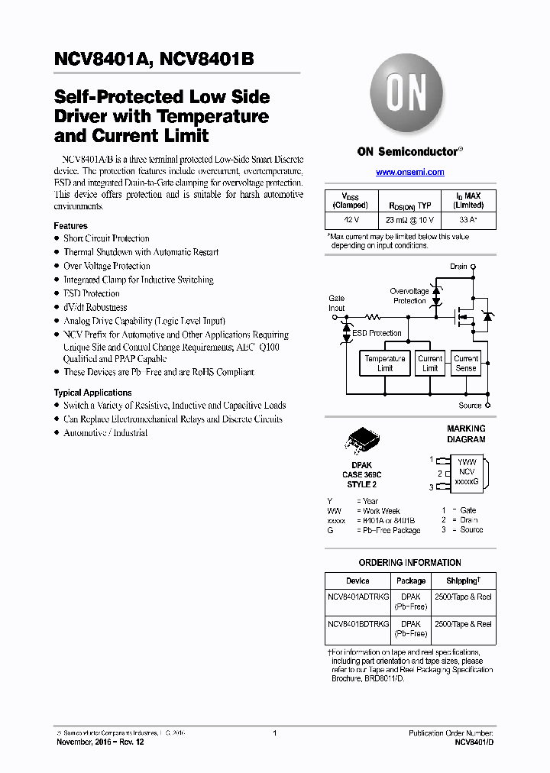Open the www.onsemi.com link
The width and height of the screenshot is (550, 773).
pyautogui.click(x=409, y=173)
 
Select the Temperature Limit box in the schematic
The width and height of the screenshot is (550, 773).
pyautogui.click(x=385, y=363)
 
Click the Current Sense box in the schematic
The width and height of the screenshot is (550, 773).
pyautogui.click(x=465, y=363)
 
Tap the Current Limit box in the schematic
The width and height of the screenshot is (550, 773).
pyautogui.click(x=430, y=363)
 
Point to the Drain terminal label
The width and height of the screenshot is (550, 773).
pyautogui.click(x=458, y=267)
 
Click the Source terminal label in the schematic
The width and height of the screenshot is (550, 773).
pyautogui.click(x=470, y=406)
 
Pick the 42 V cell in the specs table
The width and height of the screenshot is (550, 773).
pyautogui.click(x=351, y=220)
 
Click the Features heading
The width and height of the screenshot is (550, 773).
pyautogui.click(x=70, y=226)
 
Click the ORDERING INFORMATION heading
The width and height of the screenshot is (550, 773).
pyautogui.click(x=409, y=563)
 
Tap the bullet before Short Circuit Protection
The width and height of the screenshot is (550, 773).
pyautogui.click(x=57, y=239)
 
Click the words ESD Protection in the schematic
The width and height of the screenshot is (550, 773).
pyautogui.click(x=377, y=334)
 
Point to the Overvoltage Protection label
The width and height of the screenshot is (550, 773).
pyautogui.click(x=409, y=296)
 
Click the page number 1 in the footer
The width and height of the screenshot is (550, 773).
pyautogui.click(x=274, y=733)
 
